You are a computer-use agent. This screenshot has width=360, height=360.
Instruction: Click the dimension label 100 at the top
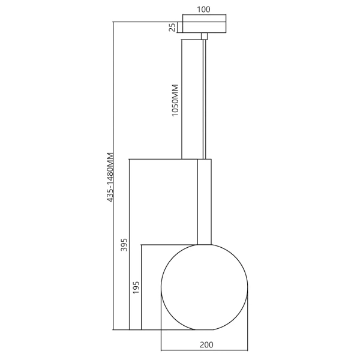tap(204, 10)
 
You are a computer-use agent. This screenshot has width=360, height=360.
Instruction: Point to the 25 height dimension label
tap(172, 27)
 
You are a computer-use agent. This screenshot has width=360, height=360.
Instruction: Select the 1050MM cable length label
tap(175, 101)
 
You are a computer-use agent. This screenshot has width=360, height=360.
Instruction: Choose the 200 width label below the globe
tap(206, 344)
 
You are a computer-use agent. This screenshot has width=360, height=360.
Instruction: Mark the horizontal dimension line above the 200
tap(205, 350)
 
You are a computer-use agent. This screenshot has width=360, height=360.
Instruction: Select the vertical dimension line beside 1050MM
tap(182, 99)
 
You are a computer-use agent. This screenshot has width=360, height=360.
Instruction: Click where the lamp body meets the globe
tap(205, 244)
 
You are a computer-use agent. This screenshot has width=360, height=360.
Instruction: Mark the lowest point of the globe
tap(205, 329)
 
